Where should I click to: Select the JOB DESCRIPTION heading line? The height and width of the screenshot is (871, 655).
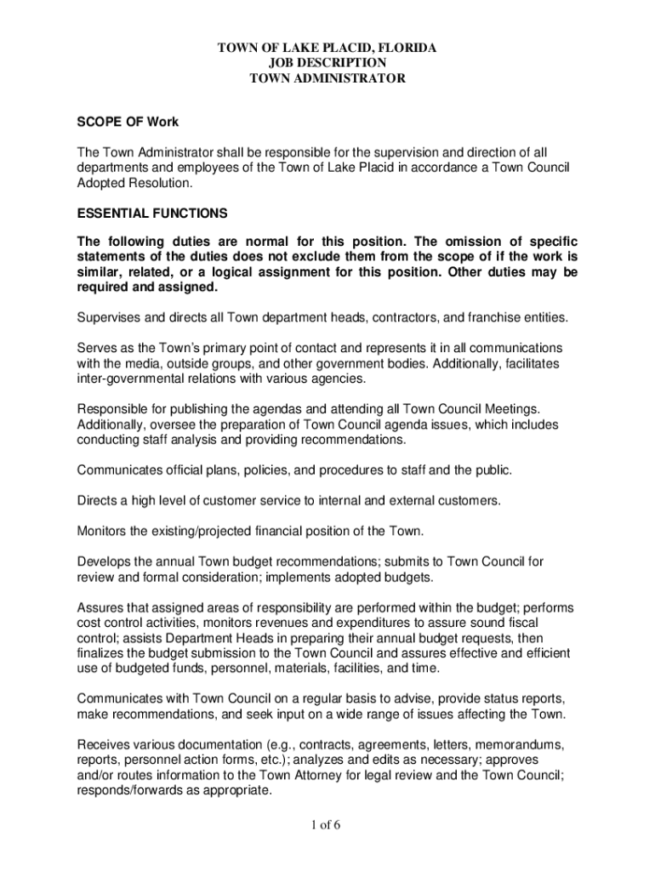point(327,63)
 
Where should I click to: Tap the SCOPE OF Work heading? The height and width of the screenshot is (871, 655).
point(128,122)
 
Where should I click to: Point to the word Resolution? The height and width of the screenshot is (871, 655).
point(157,183)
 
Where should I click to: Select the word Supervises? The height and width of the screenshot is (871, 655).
point(111,317)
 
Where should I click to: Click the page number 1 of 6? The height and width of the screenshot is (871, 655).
point(327,824)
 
